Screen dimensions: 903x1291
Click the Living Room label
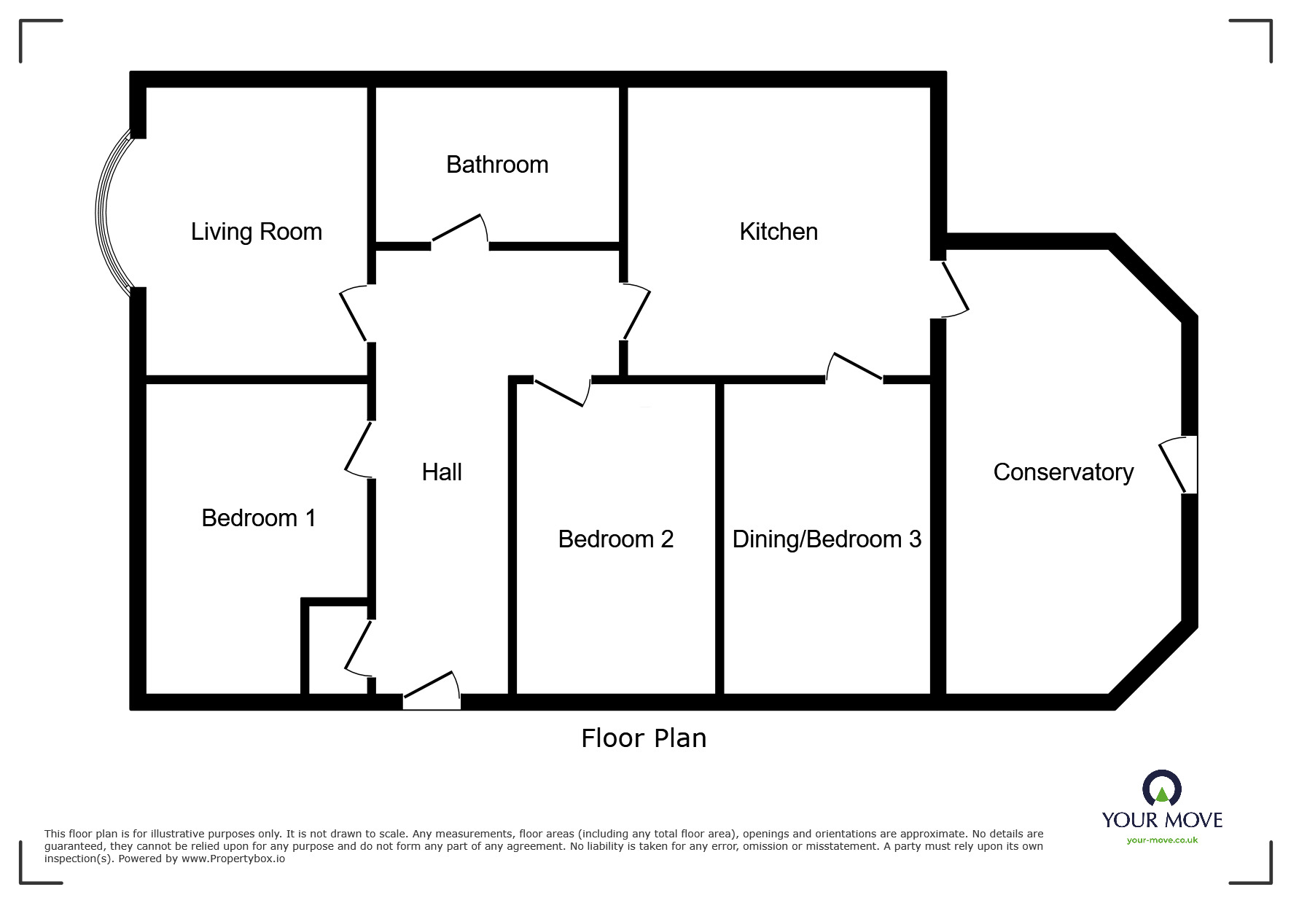[x=256, y=232]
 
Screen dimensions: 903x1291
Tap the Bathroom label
[x=497, y=165]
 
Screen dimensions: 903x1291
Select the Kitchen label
[x=779, y=232]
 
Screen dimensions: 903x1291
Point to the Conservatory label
[x=1063, y=472]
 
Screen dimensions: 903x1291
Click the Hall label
[x=442, y=472]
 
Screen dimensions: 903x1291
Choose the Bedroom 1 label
[x=259, y=518]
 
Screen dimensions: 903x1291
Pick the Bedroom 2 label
[x=615, y=539]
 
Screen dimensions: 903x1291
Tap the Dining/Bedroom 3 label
[x=827, y=539]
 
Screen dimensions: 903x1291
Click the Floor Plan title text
[x=644, y=738]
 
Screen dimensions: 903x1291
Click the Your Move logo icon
[x=1161, y=789]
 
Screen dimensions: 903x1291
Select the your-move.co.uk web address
[x=1162, y=840]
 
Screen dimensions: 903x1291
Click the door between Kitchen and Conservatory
[x=953, y=289]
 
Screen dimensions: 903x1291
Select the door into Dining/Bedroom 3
[x=854, y=367]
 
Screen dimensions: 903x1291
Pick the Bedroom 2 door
[x=562, y=391]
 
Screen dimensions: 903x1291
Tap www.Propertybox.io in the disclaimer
[x=233, y=859]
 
